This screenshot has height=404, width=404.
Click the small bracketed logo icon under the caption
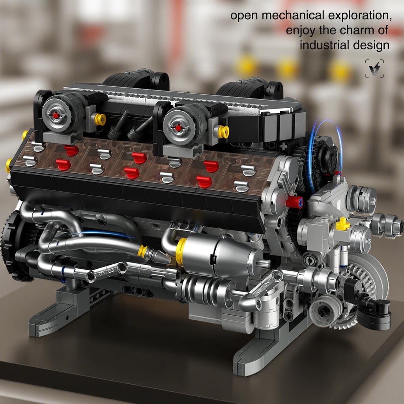374,69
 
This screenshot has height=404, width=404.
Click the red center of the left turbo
56,115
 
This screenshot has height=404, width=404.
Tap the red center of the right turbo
178,128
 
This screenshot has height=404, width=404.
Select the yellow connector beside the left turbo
100,119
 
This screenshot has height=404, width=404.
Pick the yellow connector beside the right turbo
223,132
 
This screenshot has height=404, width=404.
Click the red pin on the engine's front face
294,202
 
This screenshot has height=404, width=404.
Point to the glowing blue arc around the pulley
314,158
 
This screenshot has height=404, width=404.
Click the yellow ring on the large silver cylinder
181,251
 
